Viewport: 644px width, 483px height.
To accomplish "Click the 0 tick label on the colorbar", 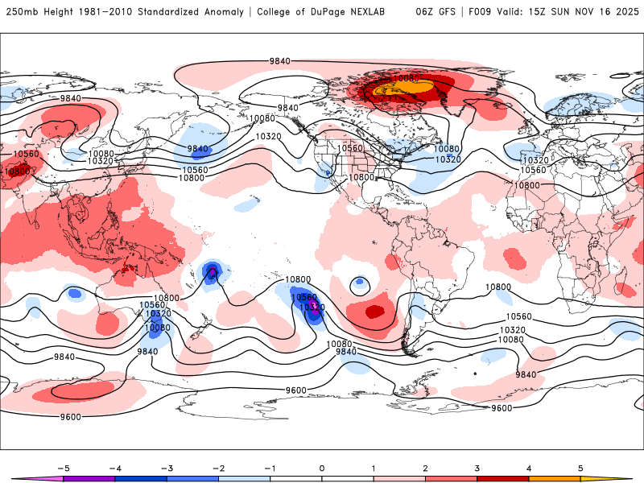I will click(x=321, y=467).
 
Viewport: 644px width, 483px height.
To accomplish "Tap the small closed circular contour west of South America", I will click(x=359, y=283).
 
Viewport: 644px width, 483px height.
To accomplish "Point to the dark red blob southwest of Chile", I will click(x=374, y=311).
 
